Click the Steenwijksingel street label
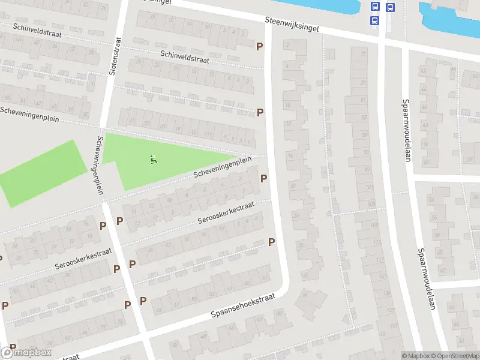coord(292,24)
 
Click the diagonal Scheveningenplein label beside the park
coord(221,168)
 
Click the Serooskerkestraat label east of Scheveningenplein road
coord(226,213)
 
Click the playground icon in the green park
coord(153,160)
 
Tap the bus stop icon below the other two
coord(375,20)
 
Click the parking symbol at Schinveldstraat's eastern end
coord(260,46)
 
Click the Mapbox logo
coord(25,352)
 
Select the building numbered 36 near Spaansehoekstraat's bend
coord(305,293)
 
